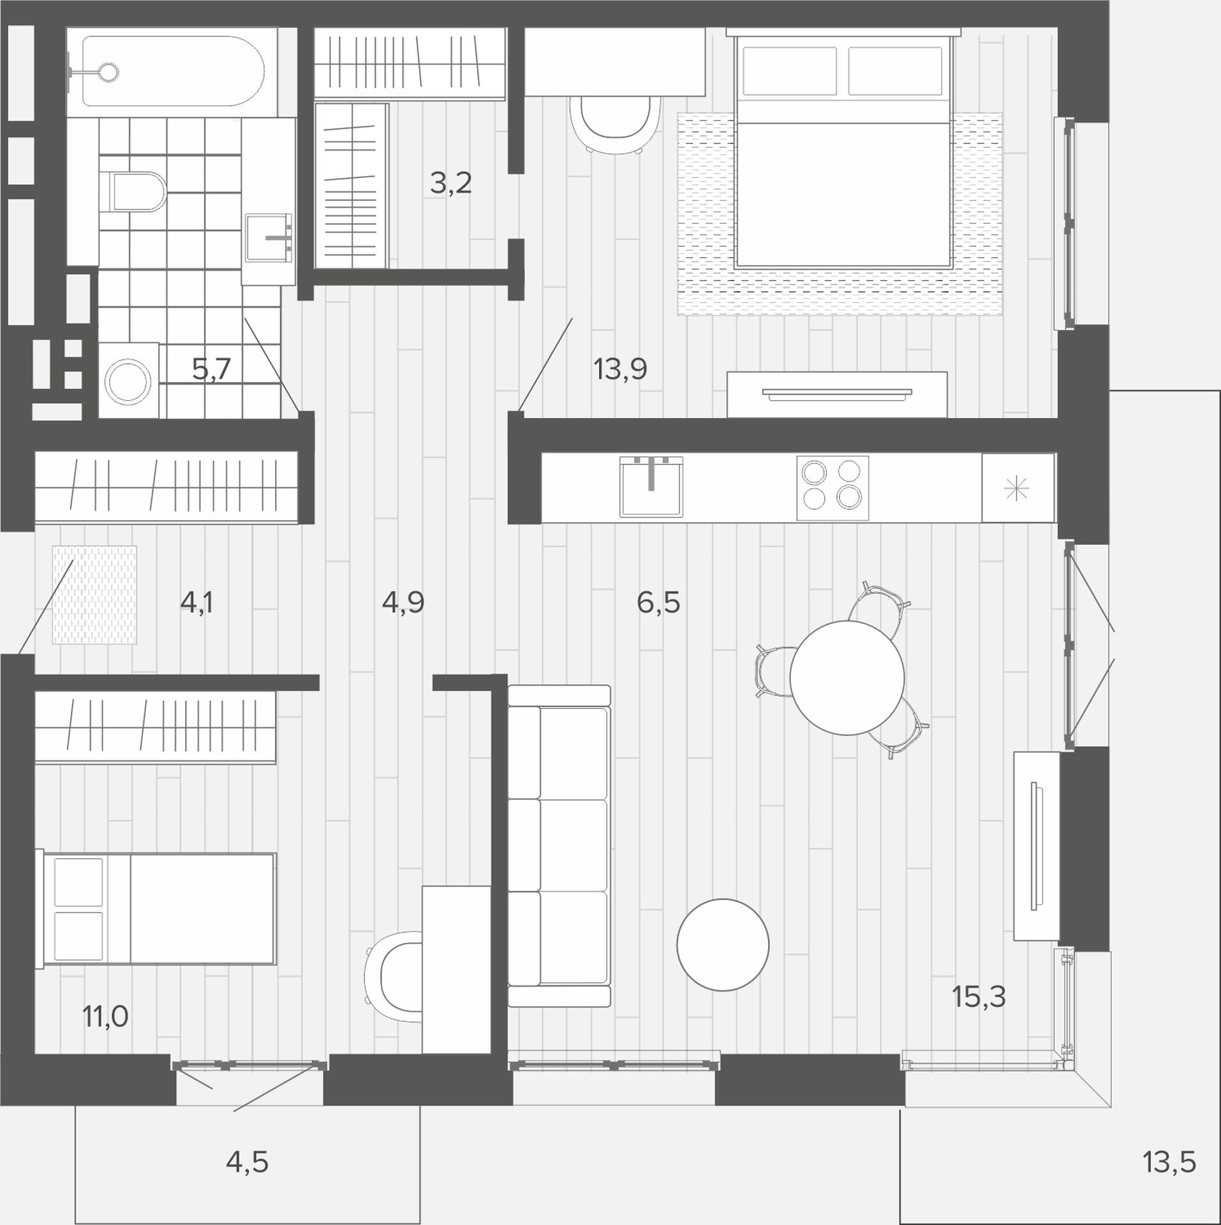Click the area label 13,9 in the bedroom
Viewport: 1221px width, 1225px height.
click(620, 369)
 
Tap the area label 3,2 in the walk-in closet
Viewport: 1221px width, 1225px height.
click(450, 184)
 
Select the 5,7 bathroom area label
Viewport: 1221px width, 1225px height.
click(211, 369)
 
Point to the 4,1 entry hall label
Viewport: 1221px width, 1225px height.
click(196, 602)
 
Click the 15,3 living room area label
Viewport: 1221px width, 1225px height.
click(979, 1014)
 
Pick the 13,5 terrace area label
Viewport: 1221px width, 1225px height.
click(1169, 1162)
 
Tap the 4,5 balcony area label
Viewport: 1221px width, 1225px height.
click(247, 1162)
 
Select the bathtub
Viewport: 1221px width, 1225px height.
click(172, 71)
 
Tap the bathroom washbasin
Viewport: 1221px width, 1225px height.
click(269, 238)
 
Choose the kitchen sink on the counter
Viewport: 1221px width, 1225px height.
click(651, 486)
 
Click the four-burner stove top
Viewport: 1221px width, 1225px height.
click(833, 487)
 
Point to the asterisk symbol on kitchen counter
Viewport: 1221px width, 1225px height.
click(1017, 489)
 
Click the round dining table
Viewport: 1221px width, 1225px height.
click(847, 678)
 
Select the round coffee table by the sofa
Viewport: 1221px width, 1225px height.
click(723, 945)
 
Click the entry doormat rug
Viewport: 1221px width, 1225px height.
click(94, 595)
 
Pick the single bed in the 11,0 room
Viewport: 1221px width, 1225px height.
click(158, 909)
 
